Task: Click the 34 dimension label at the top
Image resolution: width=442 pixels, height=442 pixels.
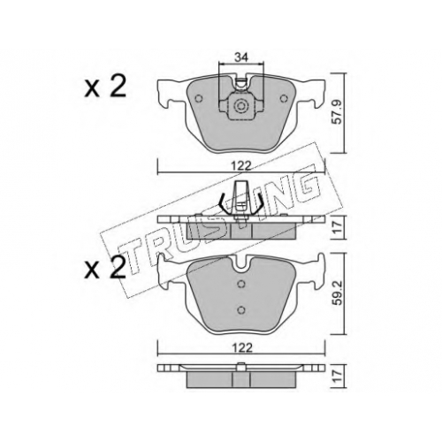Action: point(241,57)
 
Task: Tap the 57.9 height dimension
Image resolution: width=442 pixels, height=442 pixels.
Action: point(339,112)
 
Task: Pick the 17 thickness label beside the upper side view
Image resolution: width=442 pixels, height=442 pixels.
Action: point(339,227)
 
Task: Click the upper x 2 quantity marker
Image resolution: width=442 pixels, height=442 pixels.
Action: point(105,87)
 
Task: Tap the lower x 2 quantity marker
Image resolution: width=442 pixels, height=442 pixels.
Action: point(105,268)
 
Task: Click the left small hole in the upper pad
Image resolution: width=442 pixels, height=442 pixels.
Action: point(199,98)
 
